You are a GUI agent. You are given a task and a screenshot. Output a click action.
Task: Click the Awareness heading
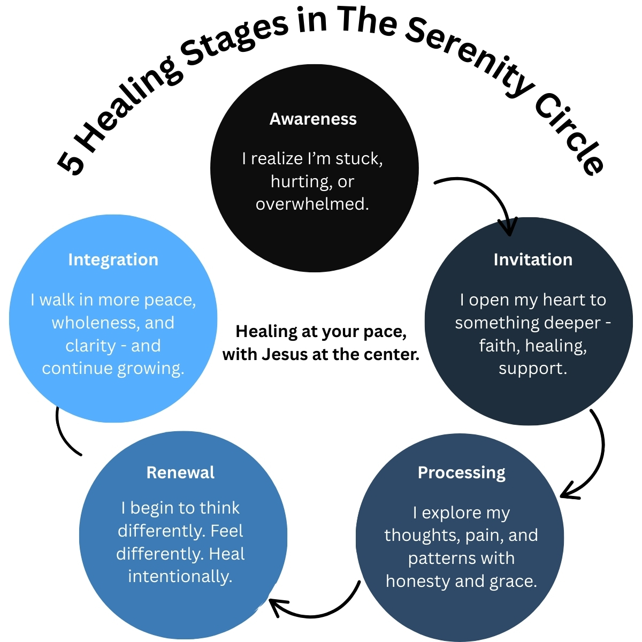(x=313, y=119)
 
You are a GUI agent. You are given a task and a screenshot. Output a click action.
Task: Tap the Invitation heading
(x=533, y=259)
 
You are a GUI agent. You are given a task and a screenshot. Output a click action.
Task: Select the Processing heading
(x=461, y=472)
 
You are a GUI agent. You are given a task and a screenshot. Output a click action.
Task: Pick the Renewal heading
(x=180, y=472)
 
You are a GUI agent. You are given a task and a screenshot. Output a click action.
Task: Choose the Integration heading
(x=113, y=259)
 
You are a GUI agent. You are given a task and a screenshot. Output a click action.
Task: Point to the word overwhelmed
(x=312, y=204)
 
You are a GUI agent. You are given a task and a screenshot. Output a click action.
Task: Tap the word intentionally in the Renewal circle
(x=180, y=576)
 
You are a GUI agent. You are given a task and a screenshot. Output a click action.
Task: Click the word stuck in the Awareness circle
(x=358, y=159)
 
